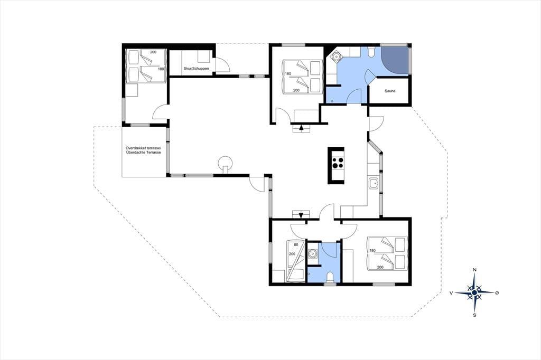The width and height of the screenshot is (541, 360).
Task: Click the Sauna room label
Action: (390, 91)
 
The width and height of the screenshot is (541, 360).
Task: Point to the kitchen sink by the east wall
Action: (374, 184)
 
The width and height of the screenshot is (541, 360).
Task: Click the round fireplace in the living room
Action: (226, 163)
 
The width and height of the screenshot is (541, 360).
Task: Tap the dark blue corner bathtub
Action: (395, 60)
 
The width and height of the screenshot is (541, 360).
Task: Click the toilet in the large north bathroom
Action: (370, 52)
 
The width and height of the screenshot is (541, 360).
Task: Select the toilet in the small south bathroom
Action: (330, 278)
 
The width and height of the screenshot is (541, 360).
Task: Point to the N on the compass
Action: (474, 270)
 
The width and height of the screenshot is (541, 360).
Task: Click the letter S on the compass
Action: (475, 315)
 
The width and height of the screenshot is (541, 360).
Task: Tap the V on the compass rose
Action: (451, 293)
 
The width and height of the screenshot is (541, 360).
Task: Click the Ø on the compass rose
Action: (497, 293)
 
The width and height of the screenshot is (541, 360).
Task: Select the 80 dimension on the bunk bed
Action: (296, 245)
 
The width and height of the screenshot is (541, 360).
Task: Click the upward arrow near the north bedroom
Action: (302, 127)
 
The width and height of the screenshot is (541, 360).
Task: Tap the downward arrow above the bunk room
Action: (301, 215)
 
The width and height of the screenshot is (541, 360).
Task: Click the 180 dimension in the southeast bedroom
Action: (372, 251)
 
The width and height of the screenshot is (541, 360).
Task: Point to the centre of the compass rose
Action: (474, 292)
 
